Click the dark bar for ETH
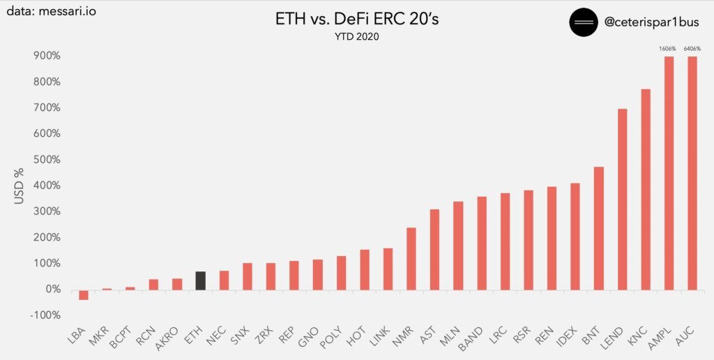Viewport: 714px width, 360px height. (x=200, y=280)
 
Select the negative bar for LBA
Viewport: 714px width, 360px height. (x=84, y=294)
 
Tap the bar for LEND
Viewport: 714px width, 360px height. (x=622, y=199)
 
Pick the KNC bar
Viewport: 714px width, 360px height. (x=646, y=189)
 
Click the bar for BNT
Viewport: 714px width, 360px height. (x=598, y=228)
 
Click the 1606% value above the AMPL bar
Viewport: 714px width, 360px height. (x=668, y=49)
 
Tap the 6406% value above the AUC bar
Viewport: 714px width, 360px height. (x=692, y=49)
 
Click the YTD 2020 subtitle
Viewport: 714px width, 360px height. (x=356, y=37)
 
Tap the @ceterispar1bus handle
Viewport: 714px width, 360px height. (x=650, y=22)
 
